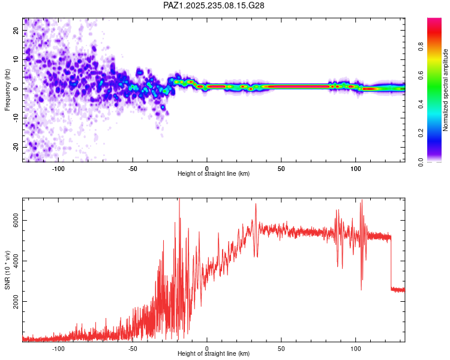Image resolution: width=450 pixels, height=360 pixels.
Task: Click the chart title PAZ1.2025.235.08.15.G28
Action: [214, 5]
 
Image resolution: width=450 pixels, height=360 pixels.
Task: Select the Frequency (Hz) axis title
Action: [7, 89]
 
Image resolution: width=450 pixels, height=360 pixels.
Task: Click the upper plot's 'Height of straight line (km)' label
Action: [214, 173]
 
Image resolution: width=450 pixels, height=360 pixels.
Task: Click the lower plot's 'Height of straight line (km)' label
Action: [214, 353]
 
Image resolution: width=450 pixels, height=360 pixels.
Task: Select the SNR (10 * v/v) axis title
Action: [7, 269]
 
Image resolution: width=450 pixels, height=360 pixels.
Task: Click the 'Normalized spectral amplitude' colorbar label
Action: [445, 89]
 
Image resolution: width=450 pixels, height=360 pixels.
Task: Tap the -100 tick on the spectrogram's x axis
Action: [58, 168]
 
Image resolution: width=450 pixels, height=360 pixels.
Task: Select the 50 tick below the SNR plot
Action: [281, 348]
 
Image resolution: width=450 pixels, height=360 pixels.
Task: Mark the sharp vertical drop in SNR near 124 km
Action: [391, 264]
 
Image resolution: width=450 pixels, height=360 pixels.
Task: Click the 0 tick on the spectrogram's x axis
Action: [207, 168]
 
